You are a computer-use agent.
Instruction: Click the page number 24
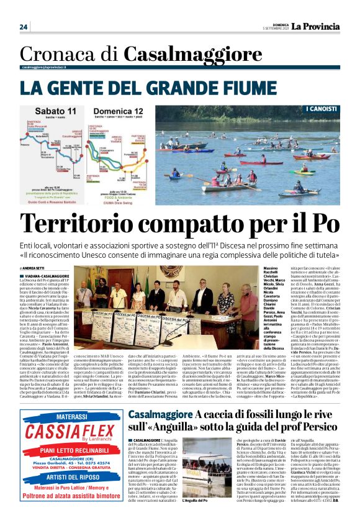(x=24, y=27)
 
